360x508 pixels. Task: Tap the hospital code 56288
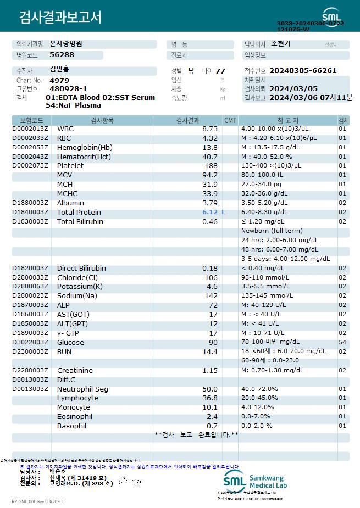point(62,55)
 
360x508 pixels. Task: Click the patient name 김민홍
point(60,70)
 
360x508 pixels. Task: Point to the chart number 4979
point(59,80)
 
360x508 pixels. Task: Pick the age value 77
point(220,71)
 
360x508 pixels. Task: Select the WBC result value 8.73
point(211,129)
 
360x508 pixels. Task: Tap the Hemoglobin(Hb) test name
point(85,147)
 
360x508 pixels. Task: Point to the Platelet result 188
point(212,165)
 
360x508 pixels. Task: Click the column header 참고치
point(284,120)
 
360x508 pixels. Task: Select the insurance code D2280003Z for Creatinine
point(30,371)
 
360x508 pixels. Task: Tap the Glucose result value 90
point(213,343)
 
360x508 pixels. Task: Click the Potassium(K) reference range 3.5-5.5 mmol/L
point(265,287)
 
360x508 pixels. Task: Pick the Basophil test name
point(71,426)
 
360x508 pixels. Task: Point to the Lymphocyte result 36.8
point(211,398)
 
